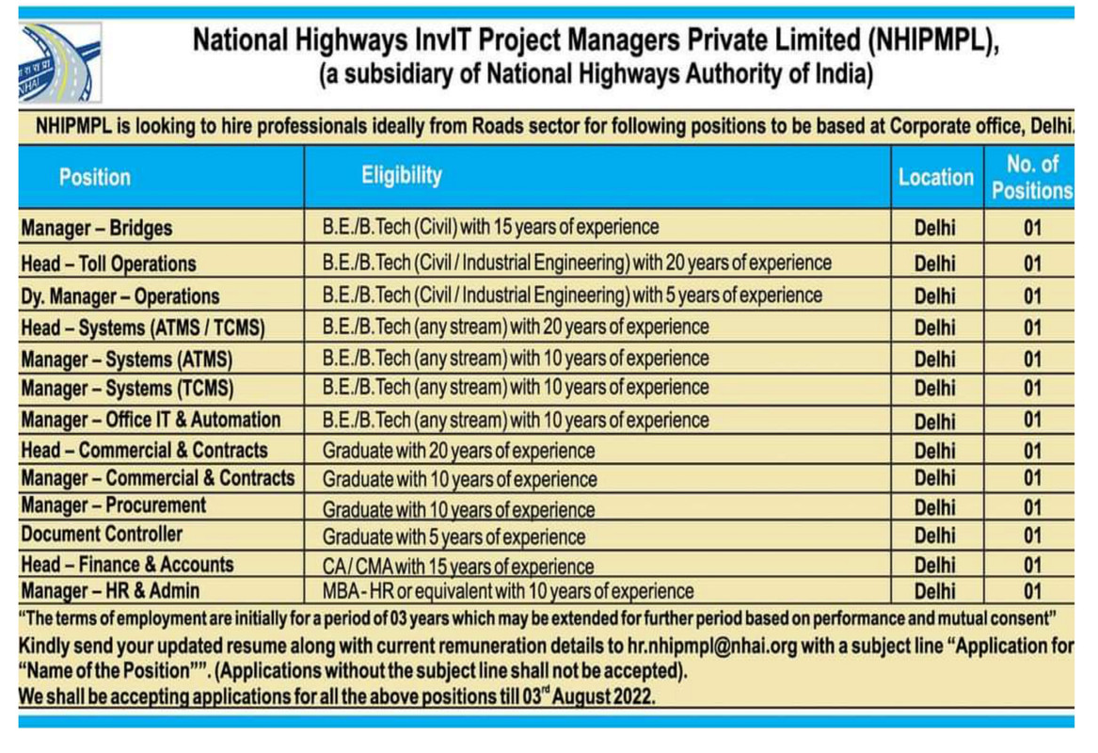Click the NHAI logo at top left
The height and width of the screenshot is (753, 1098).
pyautogui.click(x=59, y=63)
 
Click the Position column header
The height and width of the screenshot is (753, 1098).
pyautogui.click(x=95, y=177)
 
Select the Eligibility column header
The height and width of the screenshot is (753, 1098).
pyautogui.click(x=401, y=175)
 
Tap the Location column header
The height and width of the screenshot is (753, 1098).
pyautogui.click(x=935, y=177)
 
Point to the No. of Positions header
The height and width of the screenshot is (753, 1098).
pyautogui.click(x=1031, y=177)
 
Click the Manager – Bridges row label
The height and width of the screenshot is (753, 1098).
pyautogui.click(x=97, y=228)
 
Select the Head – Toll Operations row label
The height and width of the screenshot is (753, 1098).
pyautogui.click(x=108, y=264)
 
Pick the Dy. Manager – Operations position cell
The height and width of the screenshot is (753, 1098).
pyautogui.click(x=119, y=296)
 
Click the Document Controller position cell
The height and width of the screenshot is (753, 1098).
pyautogui.click(x=102, y=535)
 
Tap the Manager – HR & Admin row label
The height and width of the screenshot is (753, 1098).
pyautogui.click(x=110, y=592)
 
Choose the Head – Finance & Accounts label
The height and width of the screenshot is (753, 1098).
pyautogui.click(x=127, y=565)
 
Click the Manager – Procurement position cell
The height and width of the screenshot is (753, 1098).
pyautogui.click(x=113, y=505)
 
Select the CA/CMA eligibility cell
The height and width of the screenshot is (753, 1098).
pyautogui.click(x=458, y=567)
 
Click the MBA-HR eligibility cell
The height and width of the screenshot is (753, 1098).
pyautogui.click(x=508, y=592)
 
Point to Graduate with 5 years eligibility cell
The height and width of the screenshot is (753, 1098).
pyautogui.click(x=454, y=537)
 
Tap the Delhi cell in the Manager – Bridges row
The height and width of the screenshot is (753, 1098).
pyautogui.click(x=934, y=228)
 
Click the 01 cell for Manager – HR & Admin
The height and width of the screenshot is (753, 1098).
pyautogui.click(x=1032, y=592)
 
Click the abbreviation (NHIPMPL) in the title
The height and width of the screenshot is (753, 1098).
pyautogui.click(x=929, y=41)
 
